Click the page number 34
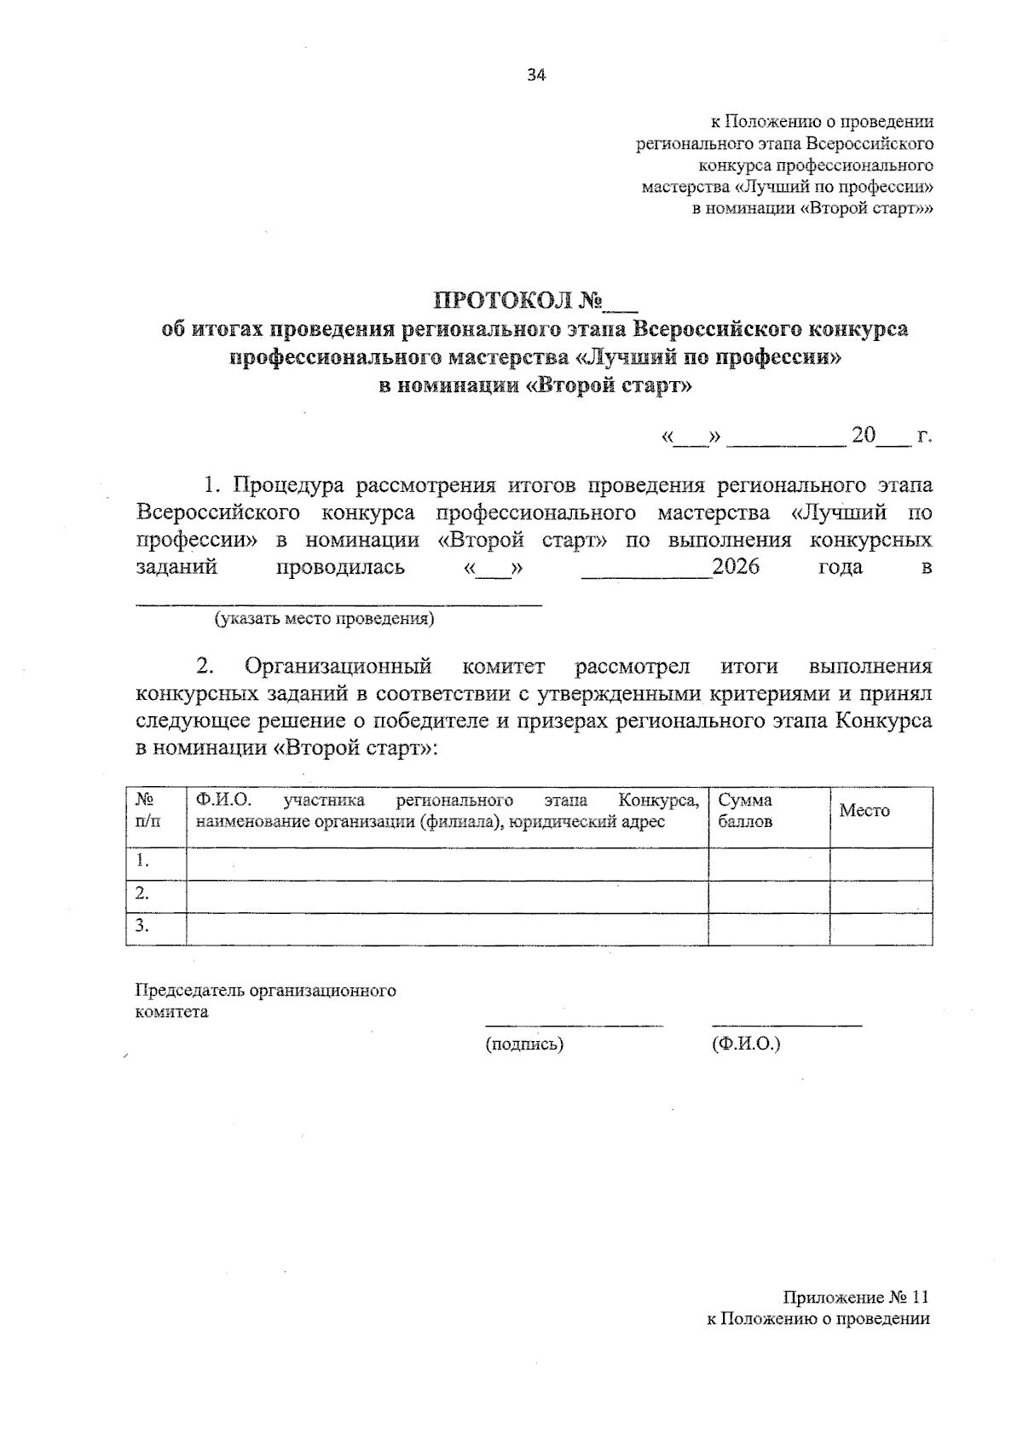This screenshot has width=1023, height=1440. click(535, 75)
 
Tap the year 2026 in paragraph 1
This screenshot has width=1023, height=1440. click(736, 567)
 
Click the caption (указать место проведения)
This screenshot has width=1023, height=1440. click(325, 619)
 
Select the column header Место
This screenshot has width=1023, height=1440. click(864, 811)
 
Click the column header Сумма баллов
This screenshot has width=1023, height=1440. click(745, 811)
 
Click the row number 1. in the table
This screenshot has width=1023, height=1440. click(143, 861)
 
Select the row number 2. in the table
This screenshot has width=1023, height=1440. click(143, 893)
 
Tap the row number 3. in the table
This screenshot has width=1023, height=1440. click(143, 926)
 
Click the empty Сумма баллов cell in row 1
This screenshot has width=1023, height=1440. click(768, 863)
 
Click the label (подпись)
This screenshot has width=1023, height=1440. click(524, 1044)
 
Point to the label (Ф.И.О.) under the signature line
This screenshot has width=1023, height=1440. click(745, 1044)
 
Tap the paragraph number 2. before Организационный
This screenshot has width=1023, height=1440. click(205, 666)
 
